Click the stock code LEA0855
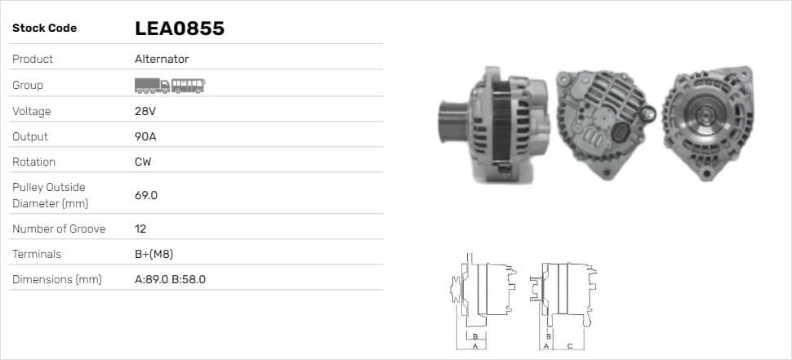point(180,29)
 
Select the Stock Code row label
point(44,29)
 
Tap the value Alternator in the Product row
point(162,59)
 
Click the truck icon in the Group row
point(152,86)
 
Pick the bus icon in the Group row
point(189,86)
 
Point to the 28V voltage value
point(145,111)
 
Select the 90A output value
point(145,136)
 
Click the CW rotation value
point(143,162)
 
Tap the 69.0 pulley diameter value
point(146,195)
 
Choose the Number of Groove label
point(59,229)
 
